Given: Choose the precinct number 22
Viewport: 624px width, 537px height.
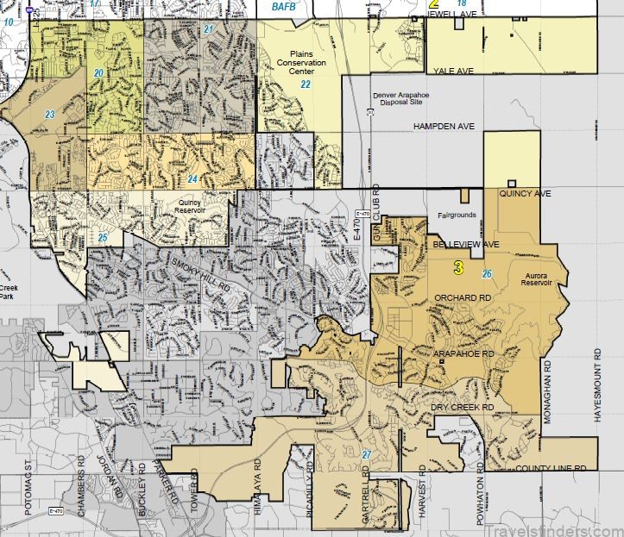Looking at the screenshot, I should click(x=306, y=84).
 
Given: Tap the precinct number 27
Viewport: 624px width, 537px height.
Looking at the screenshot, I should click(x=366, y=454).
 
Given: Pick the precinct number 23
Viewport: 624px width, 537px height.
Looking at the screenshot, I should click(x=50, y=114).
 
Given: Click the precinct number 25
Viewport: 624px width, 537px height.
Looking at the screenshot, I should click(x=102, y=237).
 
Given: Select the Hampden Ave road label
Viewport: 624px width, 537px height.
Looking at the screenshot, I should click(x=444, y=127).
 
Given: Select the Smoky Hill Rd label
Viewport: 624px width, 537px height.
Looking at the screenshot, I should click(x=199, y=272).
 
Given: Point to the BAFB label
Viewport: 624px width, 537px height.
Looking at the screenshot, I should click(x=283, y=6).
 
